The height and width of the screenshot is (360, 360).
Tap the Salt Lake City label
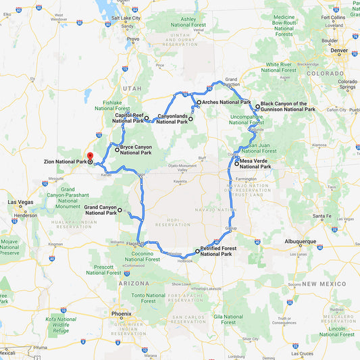(x=126, y=18)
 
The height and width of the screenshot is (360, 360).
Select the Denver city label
(x=338, y=50)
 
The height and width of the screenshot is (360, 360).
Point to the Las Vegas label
(x=20, y=202)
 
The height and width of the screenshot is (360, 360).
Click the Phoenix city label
(x=122, y=314)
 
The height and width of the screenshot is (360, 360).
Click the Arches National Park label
(x=226, y=102)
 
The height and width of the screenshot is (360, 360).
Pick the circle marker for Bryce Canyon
(x=118, y=150)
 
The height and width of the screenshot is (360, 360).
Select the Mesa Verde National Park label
(x=255, y=164)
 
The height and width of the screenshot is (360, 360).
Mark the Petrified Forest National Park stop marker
(x=197, y=251)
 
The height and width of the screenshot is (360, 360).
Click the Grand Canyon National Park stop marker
(x=120, y=211)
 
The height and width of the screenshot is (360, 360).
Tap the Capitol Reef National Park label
(x=128, y=118)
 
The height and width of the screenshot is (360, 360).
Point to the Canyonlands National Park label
(x=172, y=119)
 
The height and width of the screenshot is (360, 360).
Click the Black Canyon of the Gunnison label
(x=288, y=106)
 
